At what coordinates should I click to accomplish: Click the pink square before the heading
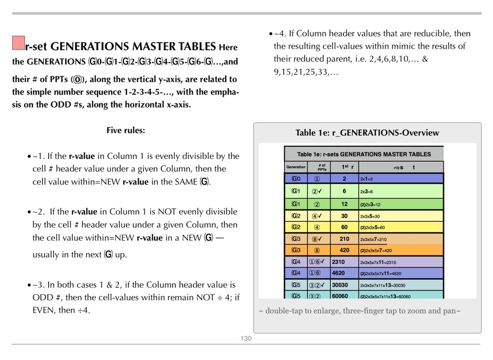[18, 43]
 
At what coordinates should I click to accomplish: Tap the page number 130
[246, 339]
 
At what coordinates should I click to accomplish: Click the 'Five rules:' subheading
[125, 130]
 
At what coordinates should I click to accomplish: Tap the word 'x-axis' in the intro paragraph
[178, 104]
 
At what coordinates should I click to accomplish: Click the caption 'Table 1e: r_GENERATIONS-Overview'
[367, 133]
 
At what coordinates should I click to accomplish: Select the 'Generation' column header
[296, 167]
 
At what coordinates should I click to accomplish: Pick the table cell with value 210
[344, 239]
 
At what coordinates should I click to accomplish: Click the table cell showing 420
[344, 250]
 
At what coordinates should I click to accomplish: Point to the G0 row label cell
[296, 179]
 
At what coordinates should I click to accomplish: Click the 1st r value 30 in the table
[344, 216]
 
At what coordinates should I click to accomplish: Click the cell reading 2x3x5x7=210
[373, 239]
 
